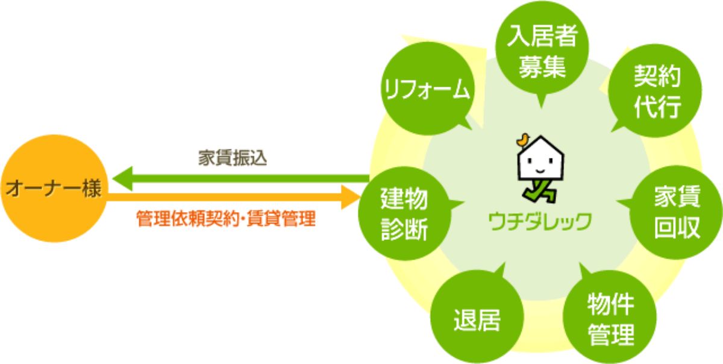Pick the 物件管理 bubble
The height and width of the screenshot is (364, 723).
pyautogui.click(x=610, y=320)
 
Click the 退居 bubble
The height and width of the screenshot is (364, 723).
pyautogui.click(x=477, y=320)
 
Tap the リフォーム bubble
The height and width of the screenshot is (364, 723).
pyautogui.click(x=427, y=90)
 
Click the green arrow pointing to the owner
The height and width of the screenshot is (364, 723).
pyautogui.click(x=241, y=178)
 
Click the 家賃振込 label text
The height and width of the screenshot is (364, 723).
pyautogui.click(x=233, y=158)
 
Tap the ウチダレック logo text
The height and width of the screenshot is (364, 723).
pyautogui.click(x=539, y=221)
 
